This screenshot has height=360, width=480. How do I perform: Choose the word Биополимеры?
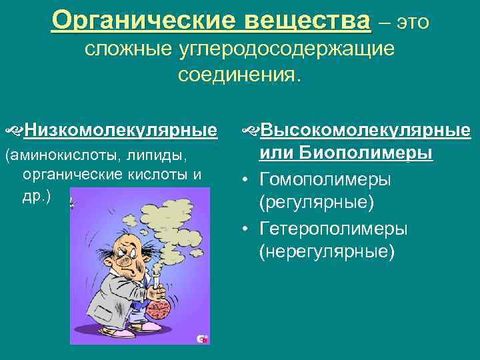coord(366,153)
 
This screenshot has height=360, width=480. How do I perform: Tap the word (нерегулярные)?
coord(327,253)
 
